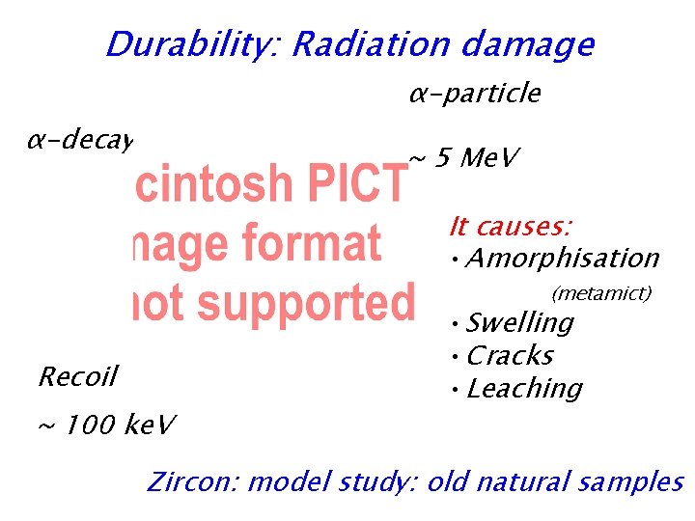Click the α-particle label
point(474,94)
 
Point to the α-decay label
point(78,141)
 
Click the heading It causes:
point(511,227)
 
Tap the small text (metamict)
point(601,292)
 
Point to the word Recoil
point(77,376)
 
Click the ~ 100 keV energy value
point(106,425)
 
